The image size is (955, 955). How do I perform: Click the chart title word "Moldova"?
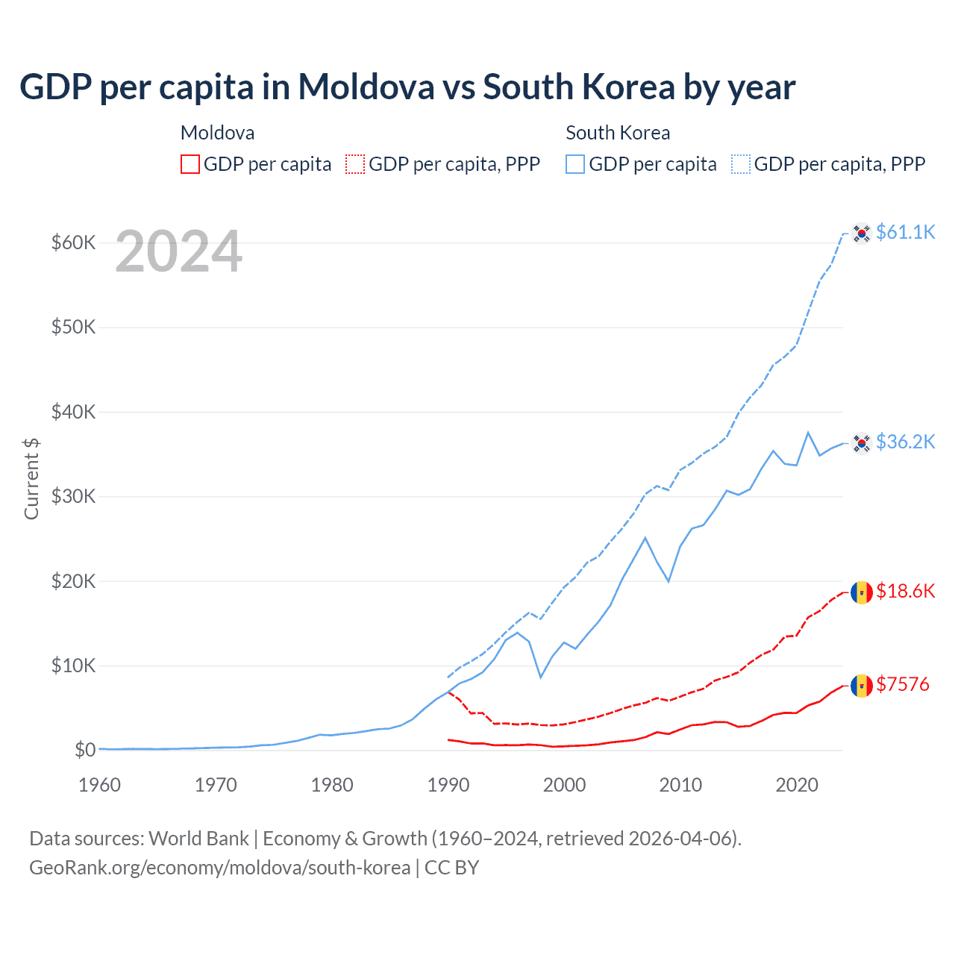click(366, 87)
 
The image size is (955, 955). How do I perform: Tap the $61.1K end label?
click(905, 232)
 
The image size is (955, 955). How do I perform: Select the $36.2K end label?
click(905, 442)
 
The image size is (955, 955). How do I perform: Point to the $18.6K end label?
click(905, 591)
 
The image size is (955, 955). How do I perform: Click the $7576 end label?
click(902, 684)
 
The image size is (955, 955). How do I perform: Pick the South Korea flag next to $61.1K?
click(862, 234)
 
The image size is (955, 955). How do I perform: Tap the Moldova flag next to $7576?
click(862, 686)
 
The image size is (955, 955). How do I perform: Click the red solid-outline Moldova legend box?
click(190, 164)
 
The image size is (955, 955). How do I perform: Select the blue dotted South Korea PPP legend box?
click(741, 164)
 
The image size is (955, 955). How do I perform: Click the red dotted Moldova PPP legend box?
click(355, 164)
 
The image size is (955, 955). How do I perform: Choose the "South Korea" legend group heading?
click(618, 133)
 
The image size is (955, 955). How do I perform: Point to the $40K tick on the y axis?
click(73, 412)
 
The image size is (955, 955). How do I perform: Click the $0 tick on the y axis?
click(85, 750)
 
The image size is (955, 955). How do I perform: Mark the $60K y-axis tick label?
click(73, 242)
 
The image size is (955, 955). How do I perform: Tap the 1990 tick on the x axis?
click(448, 785)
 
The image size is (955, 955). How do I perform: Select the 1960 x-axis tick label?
click(99, 785)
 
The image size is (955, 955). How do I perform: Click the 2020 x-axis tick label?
click(797, 785)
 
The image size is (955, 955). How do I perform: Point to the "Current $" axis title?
click(31, 478)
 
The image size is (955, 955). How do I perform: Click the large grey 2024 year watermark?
click(178, 252)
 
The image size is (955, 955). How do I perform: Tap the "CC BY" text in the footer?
click(451, 868)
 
